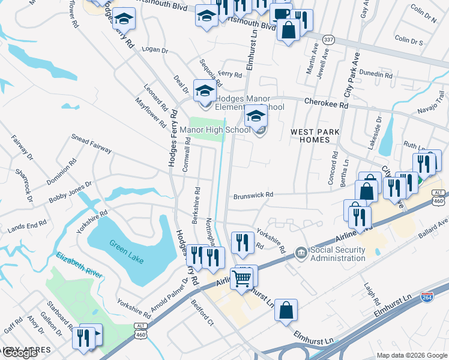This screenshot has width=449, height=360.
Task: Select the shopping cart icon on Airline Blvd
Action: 241,278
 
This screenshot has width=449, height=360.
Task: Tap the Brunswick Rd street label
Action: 253,195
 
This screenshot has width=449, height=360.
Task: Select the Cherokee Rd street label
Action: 327,103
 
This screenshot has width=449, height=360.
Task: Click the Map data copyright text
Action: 412,355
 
